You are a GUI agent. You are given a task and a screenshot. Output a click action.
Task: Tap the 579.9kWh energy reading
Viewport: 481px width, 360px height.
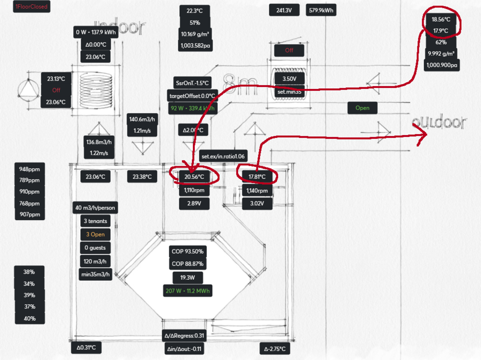(321, 10)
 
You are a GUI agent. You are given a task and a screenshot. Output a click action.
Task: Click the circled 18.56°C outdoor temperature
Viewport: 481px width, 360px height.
(441, 20)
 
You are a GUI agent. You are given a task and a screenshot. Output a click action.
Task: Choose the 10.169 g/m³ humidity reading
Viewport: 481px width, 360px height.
(195, 34)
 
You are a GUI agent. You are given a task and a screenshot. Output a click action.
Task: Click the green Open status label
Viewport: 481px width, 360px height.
(362, 108)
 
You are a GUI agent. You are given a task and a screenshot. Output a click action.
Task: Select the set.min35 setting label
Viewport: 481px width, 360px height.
(289, 91)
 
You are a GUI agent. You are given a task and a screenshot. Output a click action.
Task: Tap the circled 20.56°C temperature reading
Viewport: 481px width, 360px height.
(194, 177)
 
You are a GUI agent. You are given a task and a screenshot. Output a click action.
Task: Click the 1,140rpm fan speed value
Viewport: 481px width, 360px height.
(257, 191)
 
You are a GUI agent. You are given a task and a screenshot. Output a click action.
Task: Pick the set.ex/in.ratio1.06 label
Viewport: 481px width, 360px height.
(223, 156)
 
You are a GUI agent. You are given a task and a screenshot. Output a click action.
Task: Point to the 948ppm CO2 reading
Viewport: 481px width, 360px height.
(30, 169)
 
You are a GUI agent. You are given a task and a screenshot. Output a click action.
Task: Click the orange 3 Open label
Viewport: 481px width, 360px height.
(95, 235)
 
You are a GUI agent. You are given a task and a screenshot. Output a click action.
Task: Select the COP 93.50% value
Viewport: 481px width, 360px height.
(188, 251)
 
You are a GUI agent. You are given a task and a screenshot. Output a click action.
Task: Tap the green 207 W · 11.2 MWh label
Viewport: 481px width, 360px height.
(188, 291)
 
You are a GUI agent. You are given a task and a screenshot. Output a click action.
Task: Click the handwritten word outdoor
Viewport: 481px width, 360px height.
(439, 123)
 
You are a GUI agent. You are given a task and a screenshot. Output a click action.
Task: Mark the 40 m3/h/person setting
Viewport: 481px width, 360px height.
(95, 208)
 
